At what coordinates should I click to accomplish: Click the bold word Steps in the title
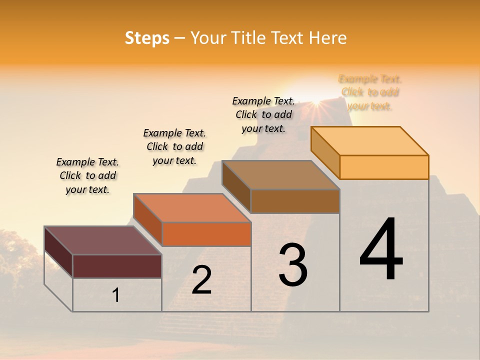click(147, 38)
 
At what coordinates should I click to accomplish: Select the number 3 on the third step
click(293, 264)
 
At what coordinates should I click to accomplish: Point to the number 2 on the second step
click(202, 280)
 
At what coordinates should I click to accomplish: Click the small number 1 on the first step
click(116, 295)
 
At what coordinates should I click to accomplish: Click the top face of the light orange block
click(370, 140)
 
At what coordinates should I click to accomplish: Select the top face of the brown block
click(281, 175)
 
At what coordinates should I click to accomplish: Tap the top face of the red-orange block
click(192, 208)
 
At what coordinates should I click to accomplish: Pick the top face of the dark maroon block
click(103, 240)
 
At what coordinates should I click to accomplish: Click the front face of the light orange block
click(384, 167)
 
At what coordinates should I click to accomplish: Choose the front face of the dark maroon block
click(117, 266)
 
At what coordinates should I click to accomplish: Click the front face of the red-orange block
click(206, 234)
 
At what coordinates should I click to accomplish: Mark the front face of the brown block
click(295, 201)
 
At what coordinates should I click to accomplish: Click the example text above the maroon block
click(87, 175)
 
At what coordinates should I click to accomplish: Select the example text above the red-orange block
click(174, 146)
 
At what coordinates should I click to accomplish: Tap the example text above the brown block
click(263, 114)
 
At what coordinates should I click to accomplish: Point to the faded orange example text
click(370, 92)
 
